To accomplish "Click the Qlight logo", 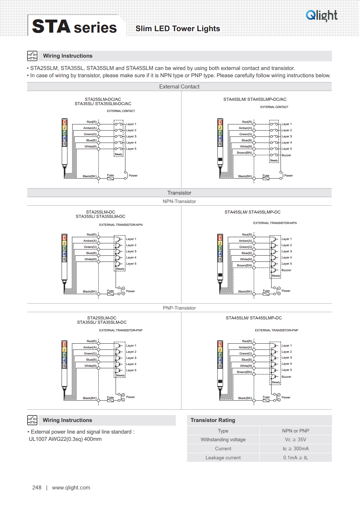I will tap(322, 15).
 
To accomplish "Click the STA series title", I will tap(74, 27).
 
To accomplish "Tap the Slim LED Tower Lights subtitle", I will tap(178, 29).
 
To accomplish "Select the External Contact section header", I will tap(179, 87).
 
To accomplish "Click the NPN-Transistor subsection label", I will tap(179, 202).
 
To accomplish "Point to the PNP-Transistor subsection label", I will tap(179, 308).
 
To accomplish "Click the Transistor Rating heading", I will tap(213, 420).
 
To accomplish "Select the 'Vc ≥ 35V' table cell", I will tap(295, 440).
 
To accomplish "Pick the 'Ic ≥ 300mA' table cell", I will tap(295, 449).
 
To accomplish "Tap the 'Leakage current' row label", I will tap(223, 458).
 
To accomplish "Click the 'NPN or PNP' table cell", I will tap(295, 431).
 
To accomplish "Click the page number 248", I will tap(37, 488).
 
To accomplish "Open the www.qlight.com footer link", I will tap(71, 488).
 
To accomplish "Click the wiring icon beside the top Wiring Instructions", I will tap(32, 56).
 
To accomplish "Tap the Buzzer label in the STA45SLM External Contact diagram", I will tap(286, 155).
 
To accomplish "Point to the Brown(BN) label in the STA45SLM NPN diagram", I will tap(244, 265).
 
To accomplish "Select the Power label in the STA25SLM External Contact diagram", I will tap(133, 175).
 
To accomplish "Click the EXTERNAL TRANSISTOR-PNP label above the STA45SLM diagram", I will tap(276, 330).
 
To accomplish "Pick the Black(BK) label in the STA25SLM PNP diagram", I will tap(90, 398).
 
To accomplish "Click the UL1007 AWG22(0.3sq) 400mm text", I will tap(65, 439).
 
